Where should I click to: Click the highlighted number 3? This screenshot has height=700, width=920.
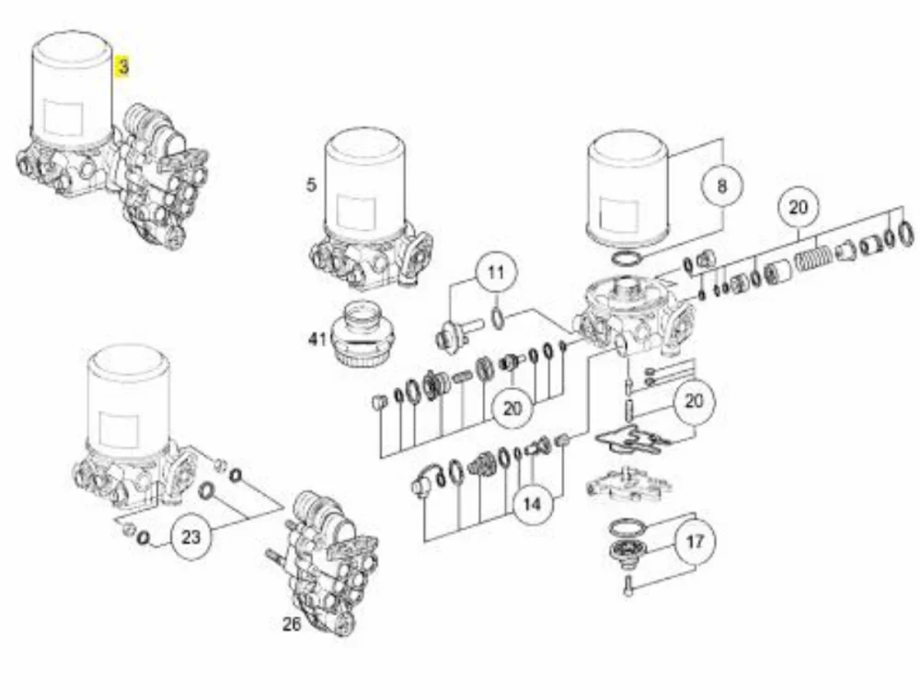pos(122,66)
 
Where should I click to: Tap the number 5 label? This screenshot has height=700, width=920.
pos(311,185)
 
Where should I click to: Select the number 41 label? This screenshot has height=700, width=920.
pos(316,339)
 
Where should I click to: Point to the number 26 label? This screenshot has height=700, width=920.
pos(292,625)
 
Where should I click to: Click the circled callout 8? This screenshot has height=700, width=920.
pos(721,186)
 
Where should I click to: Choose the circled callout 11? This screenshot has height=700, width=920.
pos(497,273)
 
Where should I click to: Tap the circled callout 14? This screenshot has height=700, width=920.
pos(532,504)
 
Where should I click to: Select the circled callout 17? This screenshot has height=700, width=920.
pos(695,541)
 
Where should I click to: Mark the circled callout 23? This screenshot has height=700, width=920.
pos(190,537)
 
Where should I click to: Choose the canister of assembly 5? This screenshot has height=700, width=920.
pos(365,182)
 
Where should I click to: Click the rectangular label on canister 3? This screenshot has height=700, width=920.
pos(63,118)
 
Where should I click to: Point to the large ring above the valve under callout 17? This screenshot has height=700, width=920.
pos(627,526)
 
